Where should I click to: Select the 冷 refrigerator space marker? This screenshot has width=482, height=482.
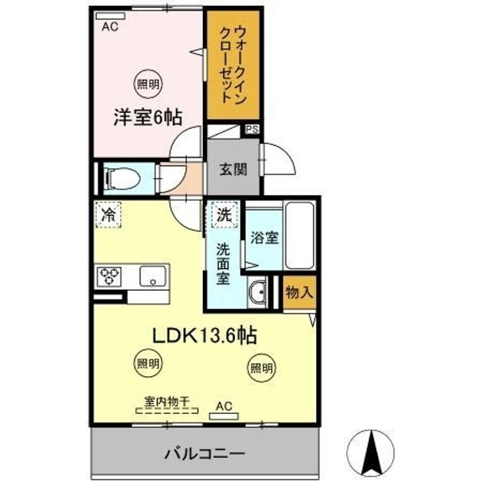click(107, 215)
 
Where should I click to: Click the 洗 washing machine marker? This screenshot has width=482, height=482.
click(222, 215)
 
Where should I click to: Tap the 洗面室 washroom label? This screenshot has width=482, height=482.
click(223, 263)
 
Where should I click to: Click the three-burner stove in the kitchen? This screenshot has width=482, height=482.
click(110, 276)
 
